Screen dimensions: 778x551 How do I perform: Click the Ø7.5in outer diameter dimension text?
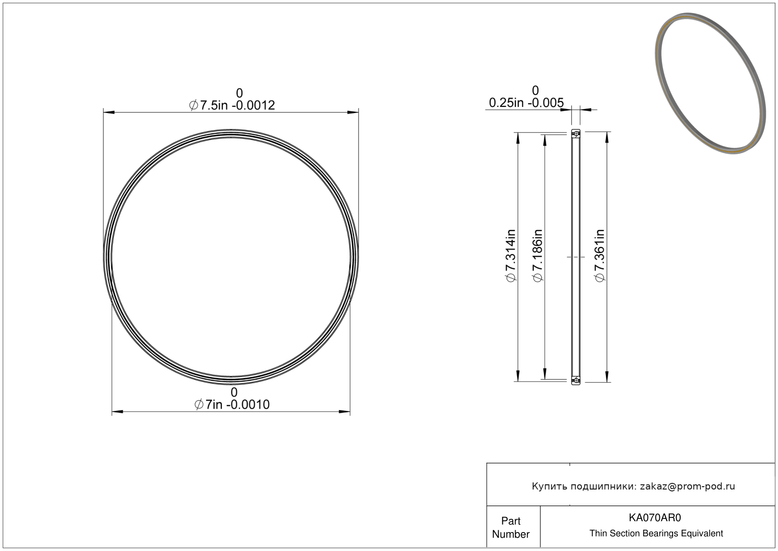(232, 105)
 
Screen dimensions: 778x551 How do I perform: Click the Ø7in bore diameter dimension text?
(232, 404)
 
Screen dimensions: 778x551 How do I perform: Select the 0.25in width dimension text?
(526, 103)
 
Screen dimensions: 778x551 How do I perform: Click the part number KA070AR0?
(655, 517)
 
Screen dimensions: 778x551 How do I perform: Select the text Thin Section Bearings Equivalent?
(656, 534)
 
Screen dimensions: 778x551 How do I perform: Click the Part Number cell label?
(511, 527)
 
